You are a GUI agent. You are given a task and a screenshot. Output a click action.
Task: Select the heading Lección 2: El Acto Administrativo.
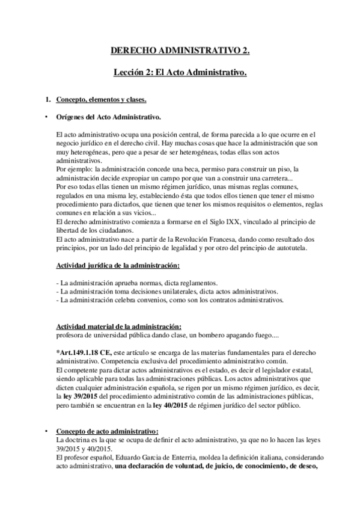pyautogui.click(x=180, y=73)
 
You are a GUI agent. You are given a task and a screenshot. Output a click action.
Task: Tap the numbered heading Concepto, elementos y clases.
pyautogui.click(x=97, y=98)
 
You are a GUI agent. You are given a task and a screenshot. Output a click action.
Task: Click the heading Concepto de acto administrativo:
pyautogui.click(x=106, y=431)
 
